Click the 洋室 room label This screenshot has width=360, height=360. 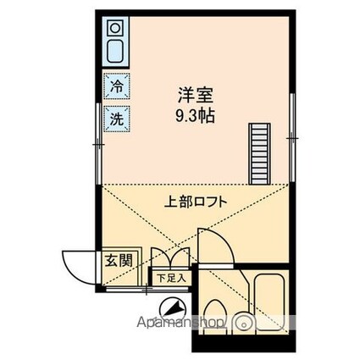pyautogui.click(x=196, y=96)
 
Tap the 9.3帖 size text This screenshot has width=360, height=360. pyautogui.click(x=196, y=116)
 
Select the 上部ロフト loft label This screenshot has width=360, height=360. pyautogui.click(x=196, y=202)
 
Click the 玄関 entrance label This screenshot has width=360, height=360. pyautogui.click(x=119, y=260)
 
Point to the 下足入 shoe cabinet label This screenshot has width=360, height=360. pyautogui.click(x=171, y=278)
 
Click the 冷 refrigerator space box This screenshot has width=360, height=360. pyautogui.click(x=116, y=86)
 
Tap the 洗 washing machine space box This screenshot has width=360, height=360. pyautogui.click(x=116, y=119)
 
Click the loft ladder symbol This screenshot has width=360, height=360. pyautogui.click(x=259, y=153)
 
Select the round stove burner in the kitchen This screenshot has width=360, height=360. pyautogui.click(x=115, y=28)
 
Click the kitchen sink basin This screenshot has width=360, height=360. pyautogui.click(x=115, y=51)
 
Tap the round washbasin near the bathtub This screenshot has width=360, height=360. pyautogui.click(x=242, y=322)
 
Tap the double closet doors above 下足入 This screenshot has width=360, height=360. pyautogui.click(x=170, y=257)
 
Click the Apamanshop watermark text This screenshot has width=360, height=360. pyautogui.click(x=181, y=323)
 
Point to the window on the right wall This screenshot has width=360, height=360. pyautogui.click(x=292, y=138)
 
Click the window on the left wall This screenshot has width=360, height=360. pyautogui.click(x=98, y=144)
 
